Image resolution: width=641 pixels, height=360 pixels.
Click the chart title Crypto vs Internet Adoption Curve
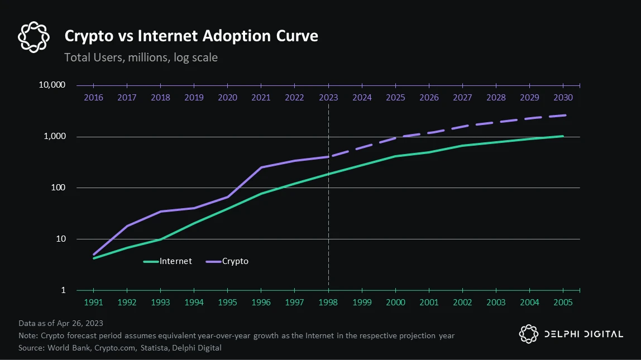pyautogui.click(x=192, y=36)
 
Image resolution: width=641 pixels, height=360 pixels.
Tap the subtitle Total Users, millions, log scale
pyautogui.click(x=141, y=57)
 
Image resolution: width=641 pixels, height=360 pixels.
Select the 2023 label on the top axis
pyautogui.click(x=328, y=98)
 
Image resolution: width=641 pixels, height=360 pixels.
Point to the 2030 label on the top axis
pyautogui.click(x=563, y=98)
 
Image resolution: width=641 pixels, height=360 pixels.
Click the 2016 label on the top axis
pyautogui.click(x=93, y=98)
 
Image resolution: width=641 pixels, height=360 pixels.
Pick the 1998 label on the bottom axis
pyautogui.click(x=328, y=303)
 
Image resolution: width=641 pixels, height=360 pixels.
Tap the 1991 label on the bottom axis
pyautogui.click(x=93, y=303)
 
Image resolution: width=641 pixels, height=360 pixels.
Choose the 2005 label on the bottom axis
pyautogui.click(x=563, y=303)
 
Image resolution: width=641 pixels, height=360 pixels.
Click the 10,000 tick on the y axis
pyautogui.click(x=52, y=85)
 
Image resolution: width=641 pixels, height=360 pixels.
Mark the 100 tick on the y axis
pyautogui.click(x=59, y=188)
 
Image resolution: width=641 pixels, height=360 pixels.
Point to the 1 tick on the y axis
pyautogui.click(x=63, y=290)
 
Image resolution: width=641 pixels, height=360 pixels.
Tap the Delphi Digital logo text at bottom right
pyautogui.click(x=583, y=334)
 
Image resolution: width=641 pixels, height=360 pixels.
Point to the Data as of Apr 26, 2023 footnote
pyautogui.click(x=61, y=323)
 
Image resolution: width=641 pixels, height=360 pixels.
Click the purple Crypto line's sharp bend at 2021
pyautogui.click(x=261, y=167)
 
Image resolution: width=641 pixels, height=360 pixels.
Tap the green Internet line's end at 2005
pyautogui.click(x=563, y=136)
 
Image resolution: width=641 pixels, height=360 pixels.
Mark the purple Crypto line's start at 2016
pyautogui.click(x=93, y=255)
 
